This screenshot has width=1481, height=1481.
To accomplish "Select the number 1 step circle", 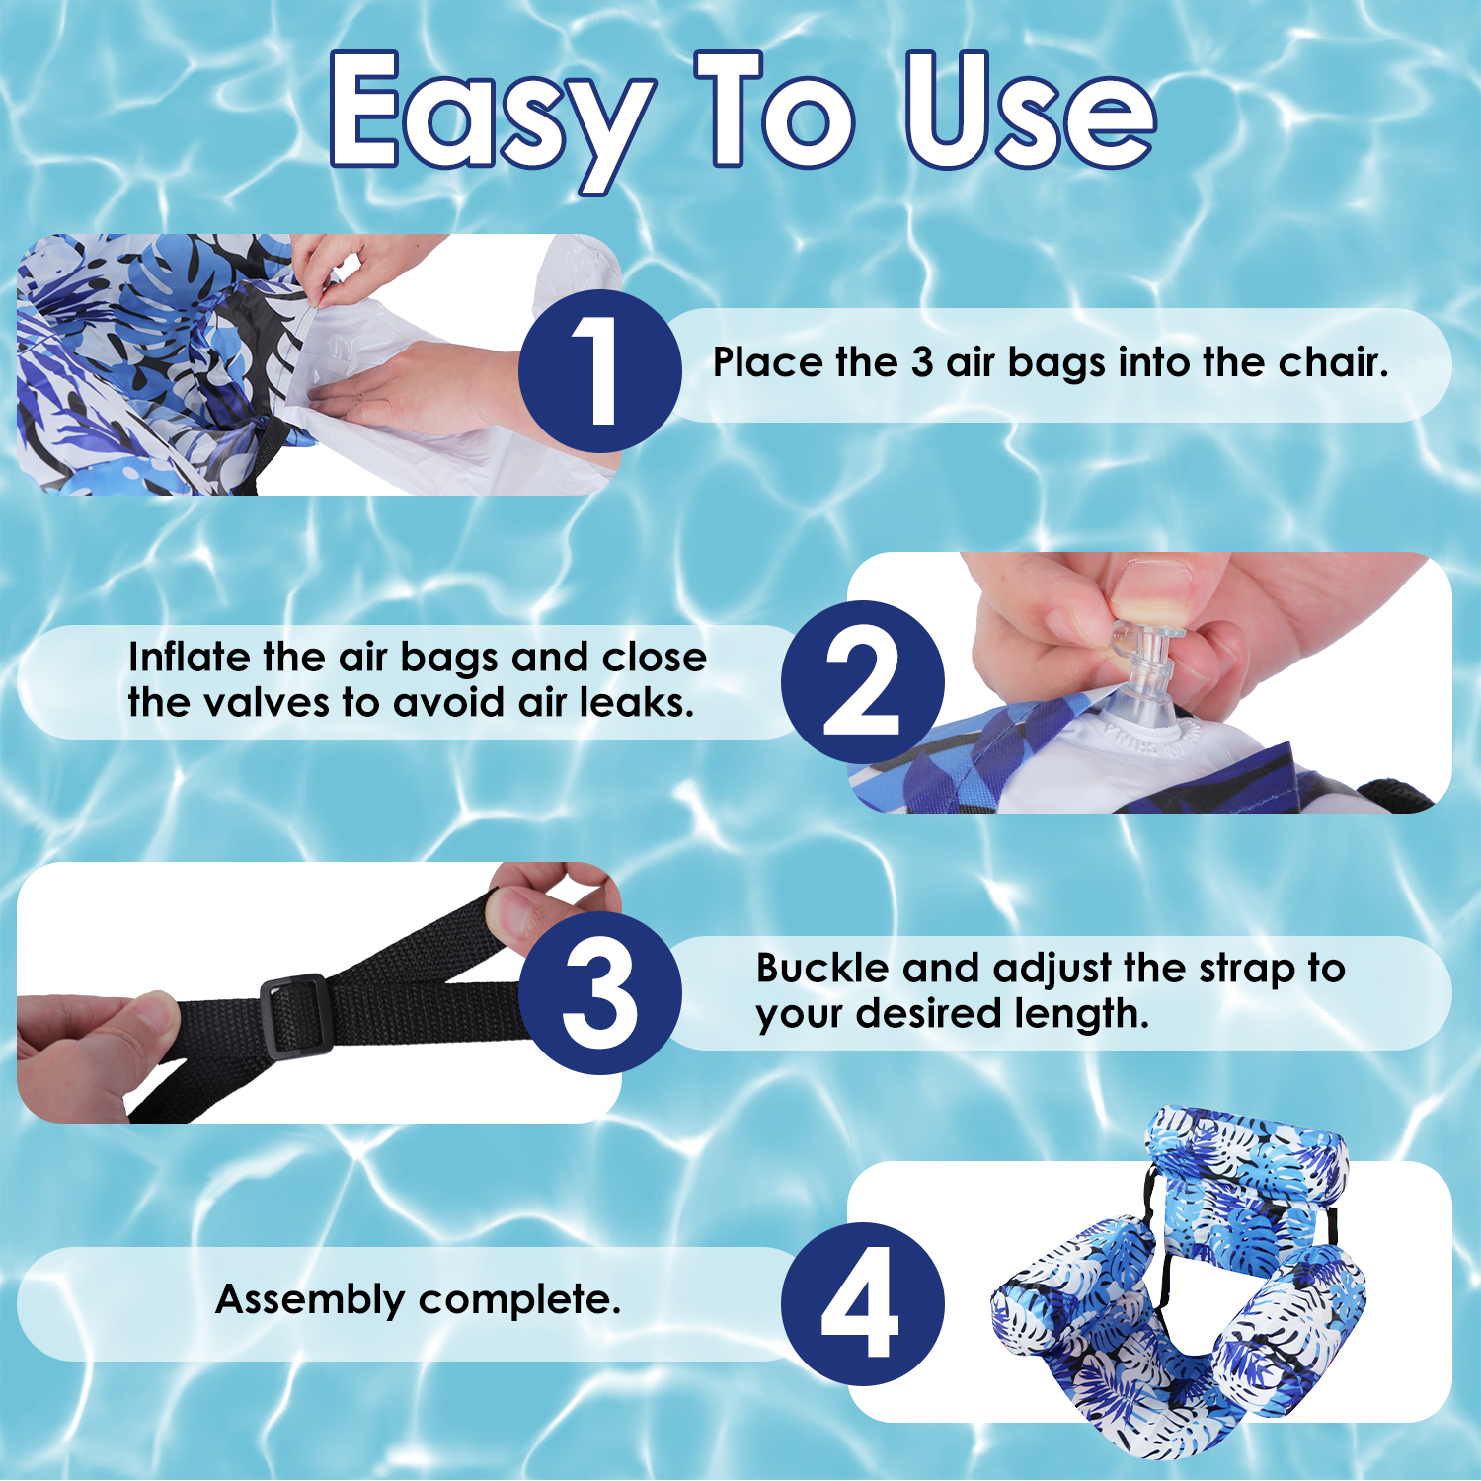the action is [599, 371].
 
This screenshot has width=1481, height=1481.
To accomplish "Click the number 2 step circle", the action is [862, 682].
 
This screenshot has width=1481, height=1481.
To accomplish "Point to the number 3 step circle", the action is [599, 993].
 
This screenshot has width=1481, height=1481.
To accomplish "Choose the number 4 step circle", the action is [862, 1304].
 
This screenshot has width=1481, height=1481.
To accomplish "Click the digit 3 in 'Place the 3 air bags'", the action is [922, 363].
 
